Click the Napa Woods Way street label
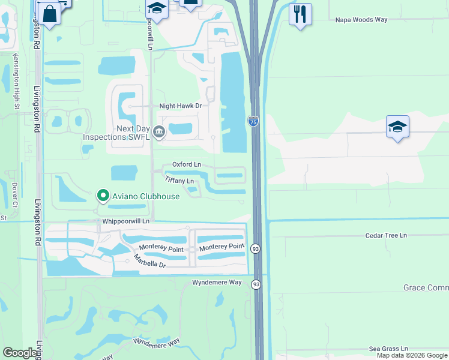360,20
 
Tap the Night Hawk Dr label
179,106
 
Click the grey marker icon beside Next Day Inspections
158,132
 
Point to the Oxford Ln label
186,164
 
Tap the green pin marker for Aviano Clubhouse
103,196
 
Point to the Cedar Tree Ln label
386,236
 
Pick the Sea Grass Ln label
388,348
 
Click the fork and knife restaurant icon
300,13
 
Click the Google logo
20,353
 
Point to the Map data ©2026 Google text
411,355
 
